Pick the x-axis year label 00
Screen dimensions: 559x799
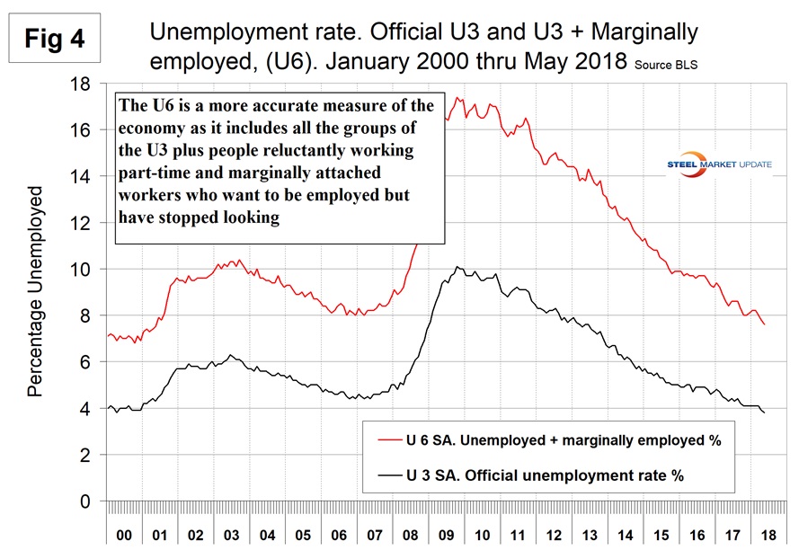pyautogui.click(x=124, y=534)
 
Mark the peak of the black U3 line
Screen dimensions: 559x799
pyautogui.click(x=458, y=267)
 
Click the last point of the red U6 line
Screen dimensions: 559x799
pyautogui.click(x=764, y=324)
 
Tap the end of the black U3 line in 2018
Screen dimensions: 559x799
pyautogui.click(x=764, y=413)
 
